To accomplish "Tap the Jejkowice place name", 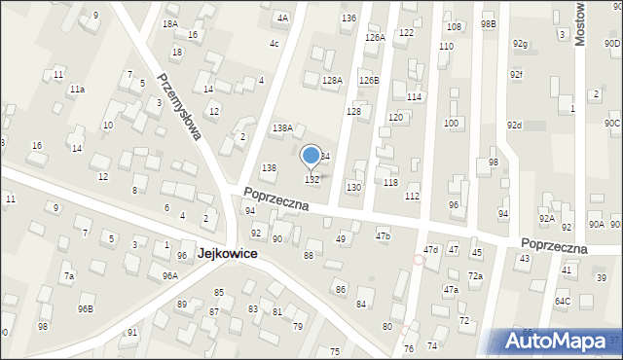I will click(x=227, y=252).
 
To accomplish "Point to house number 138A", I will click(x=282, y=127).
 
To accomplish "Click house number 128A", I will click(x=332, y=81).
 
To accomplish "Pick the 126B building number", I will click(x=369, y=80).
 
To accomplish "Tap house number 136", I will click(x=348, y=18).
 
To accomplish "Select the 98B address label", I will click(x=488, y=23).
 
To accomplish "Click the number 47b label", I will click(x=383, y=235).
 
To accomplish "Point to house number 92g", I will click(x=520, y=44).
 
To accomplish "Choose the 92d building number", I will click(x=515, y=126).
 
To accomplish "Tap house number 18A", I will click(x=170, y=23).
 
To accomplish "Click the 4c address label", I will click(x=275, y=44).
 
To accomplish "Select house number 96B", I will click(x=86, y=309).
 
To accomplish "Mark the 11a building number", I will click(x=76, y=90).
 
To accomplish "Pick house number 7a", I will click(x=69, y=276).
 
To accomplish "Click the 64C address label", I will click(x=563, y=302).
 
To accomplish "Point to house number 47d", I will click(x=430, y=250).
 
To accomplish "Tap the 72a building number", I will click(x=475, y=276).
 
